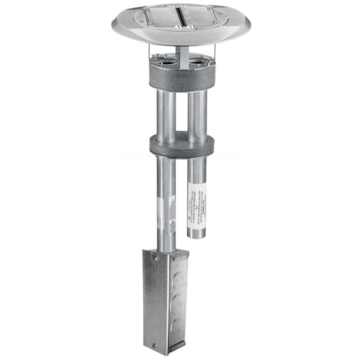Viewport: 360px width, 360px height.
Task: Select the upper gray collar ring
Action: [x=182, y=76]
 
